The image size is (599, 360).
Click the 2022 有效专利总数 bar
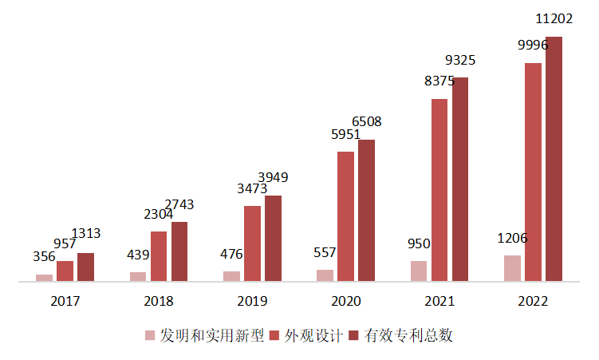[554, 159]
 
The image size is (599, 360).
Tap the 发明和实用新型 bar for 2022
[512, 268]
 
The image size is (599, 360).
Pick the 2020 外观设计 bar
[345, 216]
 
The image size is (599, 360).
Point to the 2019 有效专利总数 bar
[273, 238]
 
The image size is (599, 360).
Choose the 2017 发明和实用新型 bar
[44, 278]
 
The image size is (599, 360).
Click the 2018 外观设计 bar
[159, 256]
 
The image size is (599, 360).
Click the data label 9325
[462, 60]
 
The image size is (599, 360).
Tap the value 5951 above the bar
[345, 135]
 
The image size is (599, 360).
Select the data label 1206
[512, 238]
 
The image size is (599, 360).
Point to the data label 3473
[252, 189]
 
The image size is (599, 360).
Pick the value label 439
[138, 255]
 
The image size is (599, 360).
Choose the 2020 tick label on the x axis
[345, 302]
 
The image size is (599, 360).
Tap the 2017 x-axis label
[65, 302]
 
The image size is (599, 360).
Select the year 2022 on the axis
[532, 302]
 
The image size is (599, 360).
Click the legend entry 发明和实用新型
[204, 335]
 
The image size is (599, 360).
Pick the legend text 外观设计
[307, 335]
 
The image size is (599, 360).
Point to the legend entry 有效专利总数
[408, 335]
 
